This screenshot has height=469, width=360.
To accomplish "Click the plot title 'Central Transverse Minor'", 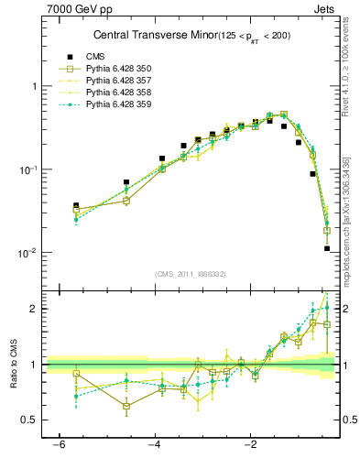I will tap(150, 36).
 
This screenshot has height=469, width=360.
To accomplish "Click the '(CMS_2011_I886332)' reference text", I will tap(191, 274).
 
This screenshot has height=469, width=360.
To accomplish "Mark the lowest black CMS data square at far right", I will tap(327, 248).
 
